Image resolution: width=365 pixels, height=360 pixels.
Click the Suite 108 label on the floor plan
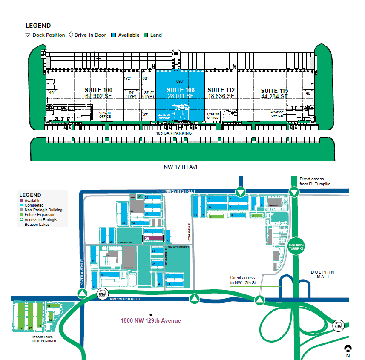[181, 90]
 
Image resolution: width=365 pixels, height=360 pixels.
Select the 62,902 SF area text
[99, 96]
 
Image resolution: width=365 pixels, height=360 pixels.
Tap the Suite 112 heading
[221, 90]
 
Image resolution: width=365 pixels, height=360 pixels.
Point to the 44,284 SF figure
[274, 97]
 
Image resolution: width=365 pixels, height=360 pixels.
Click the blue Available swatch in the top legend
[114, 35]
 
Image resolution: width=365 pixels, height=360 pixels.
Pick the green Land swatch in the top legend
[146, 35]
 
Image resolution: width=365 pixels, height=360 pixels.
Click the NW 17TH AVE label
[181, 167]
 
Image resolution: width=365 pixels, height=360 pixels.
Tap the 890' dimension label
[180, 81]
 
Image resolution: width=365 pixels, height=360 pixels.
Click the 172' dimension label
[127, 78]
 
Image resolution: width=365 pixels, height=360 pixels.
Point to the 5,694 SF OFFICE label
[105, 114]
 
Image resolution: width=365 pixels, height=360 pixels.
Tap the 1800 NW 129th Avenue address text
[151, 321]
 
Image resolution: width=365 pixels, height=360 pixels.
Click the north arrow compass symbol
[348, 348]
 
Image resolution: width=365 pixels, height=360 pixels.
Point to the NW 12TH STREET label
[125, 299]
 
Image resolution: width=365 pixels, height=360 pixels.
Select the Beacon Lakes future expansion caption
[43, 339]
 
